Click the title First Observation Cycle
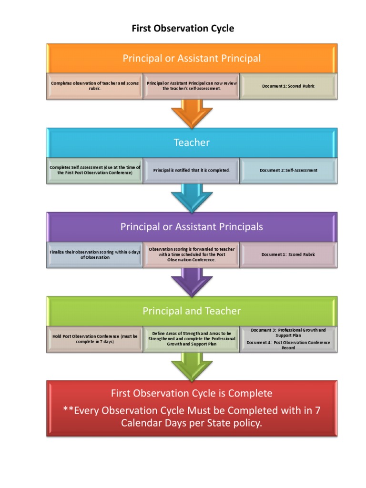pyautogui.click(x=183, y=29)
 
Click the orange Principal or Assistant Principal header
pyautogui.click(x=192, y=59)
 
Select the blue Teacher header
pyautogui.click(x=192, y=142)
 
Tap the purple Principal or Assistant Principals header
pyautogui.click(x=192, y=227)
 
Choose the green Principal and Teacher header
pyautogui.click(x=192, y=311)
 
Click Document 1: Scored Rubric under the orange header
pyautogui.click(x=288, y=86)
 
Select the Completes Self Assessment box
pyautogui.click(x=95, y=170)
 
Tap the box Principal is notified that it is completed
pyautogui.click(x=191, y=170)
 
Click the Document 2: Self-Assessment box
pyautogui.click(x=288, y=170)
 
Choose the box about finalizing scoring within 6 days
pyautogui.click(x=95, y=254)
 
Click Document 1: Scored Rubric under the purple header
pyautogui.click(x=288, y=254)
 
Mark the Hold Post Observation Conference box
pyautogui.click(x=95, y=339)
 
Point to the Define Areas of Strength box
pyautogui.click(x=191, y=339)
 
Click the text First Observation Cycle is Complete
pyautogui.click(x=192, y=394)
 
